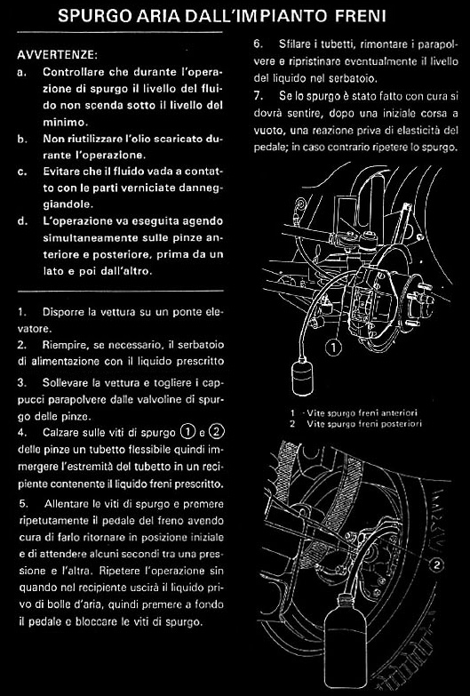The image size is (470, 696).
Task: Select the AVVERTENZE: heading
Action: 57,55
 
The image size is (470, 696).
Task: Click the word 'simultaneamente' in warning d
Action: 84,238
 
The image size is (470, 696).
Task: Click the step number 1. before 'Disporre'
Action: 21,312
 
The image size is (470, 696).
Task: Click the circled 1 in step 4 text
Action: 187,432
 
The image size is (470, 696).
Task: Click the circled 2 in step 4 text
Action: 216,432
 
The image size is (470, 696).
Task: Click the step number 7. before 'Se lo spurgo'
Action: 258,96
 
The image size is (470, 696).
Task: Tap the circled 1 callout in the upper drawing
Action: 333,348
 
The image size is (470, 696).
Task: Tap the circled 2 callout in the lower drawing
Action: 438,564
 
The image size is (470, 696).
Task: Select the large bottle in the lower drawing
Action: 344,643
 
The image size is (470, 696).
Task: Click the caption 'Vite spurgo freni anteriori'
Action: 362,413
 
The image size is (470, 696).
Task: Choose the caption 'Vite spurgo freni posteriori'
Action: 364,424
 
